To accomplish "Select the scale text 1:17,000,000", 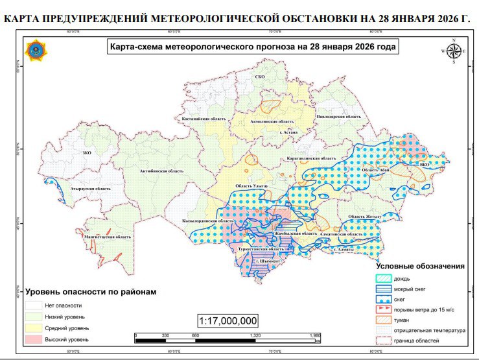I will click(229, 320).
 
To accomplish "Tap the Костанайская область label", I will click(203, 119).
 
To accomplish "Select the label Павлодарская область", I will click(338, 116).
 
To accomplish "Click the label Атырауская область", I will click(91, 189).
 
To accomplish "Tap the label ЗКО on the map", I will click(87, 152).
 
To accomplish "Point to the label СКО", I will click(261, 78).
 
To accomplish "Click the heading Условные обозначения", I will click(421, 266).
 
